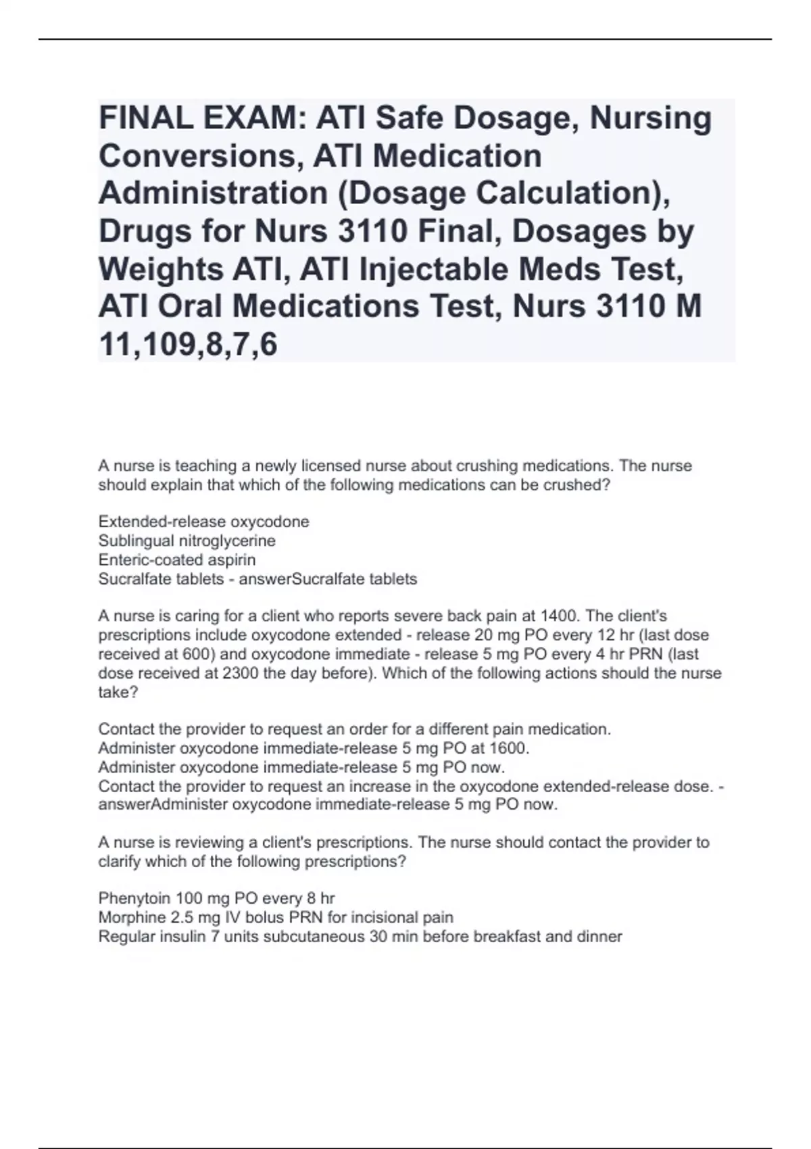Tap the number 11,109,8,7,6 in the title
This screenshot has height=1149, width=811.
[188, 345]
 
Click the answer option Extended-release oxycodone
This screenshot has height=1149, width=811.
[203, 522]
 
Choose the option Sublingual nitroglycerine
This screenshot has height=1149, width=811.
[187, 541]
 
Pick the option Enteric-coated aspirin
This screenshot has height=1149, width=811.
[177, 560]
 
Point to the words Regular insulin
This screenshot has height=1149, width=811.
[151, 937]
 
